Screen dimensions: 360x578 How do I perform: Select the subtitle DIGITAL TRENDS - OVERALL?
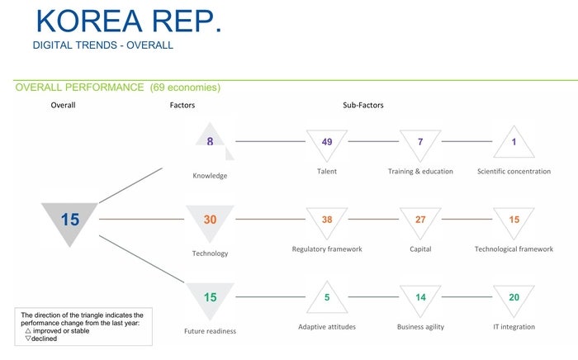[102, 45]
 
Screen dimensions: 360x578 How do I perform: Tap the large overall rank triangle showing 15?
[70, 220]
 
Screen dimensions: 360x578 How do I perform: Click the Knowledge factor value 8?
[210, 141]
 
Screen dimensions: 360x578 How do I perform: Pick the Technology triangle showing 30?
[210, 220]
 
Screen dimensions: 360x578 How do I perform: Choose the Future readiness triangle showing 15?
[210, 297]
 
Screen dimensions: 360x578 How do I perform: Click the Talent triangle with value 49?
[327, 143]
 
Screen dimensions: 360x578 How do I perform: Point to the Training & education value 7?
[420, 143]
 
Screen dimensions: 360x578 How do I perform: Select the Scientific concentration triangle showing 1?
[514, 142]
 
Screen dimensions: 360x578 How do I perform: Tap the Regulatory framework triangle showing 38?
[327, 220]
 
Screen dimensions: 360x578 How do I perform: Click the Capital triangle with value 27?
[420, 220]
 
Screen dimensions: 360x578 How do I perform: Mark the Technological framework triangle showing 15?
[514, 220]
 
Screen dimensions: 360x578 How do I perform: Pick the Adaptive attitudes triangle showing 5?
[327, 298]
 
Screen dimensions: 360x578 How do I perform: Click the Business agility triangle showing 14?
[420, 298]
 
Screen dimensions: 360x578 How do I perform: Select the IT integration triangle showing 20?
[514, 298]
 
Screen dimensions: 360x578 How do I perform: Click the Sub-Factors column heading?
[363, 106]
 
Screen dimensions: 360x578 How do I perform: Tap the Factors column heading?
[182, 106]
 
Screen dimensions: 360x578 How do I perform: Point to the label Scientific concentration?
[514, 172]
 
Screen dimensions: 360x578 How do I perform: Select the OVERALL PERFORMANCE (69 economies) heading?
[118, 87]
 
